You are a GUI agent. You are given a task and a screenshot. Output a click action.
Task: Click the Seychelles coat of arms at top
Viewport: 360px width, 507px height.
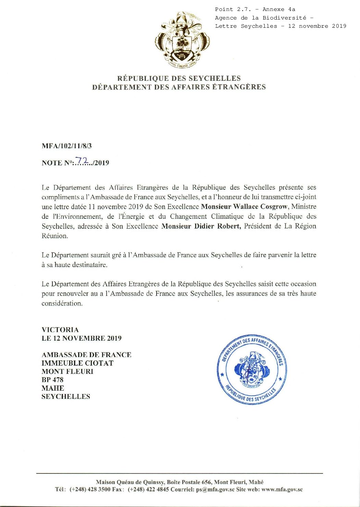coord(182,40)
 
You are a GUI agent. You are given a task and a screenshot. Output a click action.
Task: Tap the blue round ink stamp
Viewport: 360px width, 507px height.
coord(252,369)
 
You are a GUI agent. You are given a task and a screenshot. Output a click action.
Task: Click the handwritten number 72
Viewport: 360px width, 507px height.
coord(82,160)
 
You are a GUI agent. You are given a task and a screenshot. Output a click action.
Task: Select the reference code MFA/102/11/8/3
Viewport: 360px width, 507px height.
coord(67,146)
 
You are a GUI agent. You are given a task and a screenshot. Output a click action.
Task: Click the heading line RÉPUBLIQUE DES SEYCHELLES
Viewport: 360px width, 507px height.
coord(179,78)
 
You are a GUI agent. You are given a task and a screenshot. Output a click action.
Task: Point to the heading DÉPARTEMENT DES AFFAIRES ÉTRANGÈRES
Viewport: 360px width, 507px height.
coord(179,87)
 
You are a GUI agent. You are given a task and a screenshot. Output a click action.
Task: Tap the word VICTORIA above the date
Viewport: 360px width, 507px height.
coord(60,330)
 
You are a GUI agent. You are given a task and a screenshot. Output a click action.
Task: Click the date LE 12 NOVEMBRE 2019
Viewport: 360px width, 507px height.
coord(82,338)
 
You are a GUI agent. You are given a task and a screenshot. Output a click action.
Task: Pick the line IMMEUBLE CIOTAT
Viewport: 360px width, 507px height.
coord(77,363)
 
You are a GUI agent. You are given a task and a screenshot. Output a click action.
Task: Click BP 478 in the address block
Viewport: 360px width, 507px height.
coord(52,380)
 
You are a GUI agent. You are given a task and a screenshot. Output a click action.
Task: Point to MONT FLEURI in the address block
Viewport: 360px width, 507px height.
coord(67,371)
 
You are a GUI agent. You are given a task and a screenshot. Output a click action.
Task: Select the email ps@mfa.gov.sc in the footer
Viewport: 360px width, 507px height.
coord(215,490)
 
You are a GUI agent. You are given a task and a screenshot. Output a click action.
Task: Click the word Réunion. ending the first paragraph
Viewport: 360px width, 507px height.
coord(55,236)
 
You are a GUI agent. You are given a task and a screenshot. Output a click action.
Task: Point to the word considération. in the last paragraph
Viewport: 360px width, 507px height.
coord(62,303)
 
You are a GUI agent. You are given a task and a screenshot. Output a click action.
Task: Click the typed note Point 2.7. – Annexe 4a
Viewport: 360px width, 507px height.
coord(255,9)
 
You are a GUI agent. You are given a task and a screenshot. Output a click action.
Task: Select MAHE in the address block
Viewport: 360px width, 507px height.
coord(53,388)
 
